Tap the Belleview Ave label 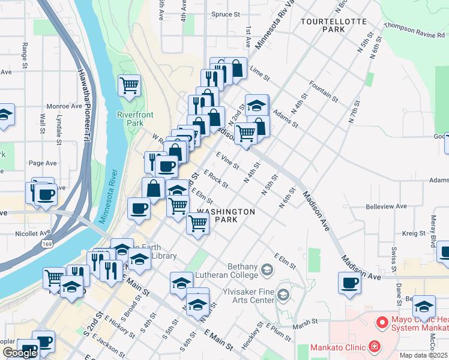386,206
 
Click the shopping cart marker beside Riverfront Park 129,86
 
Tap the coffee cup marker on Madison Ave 349,283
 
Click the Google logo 20,353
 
